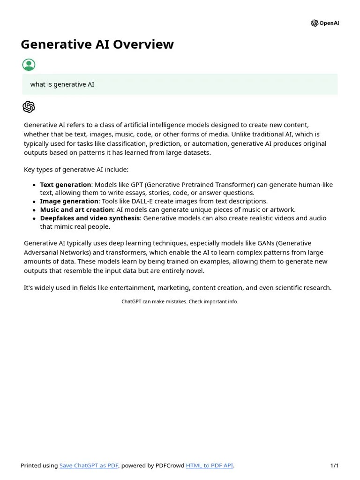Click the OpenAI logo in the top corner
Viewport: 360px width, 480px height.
click(x=324, y=23)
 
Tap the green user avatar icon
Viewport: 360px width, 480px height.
click(x=29, y=65)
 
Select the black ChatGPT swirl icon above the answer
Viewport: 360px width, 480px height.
click(x=29, y=107)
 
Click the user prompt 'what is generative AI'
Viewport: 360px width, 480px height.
click(x=62, y=84)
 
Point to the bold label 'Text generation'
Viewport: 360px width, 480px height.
click(x=66, y=185)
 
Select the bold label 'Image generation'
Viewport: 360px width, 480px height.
click(x=69, y=201)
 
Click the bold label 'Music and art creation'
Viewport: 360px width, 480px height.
click(x=76, y=210)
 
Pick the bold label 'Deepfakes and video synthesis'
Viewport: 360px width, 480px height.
click(x=90, y=218)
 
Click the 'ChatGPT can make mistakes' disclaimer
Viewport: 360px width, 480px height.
click(x=180, y=302)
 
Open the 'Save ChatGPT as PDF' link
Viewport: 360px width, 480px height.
click(x=89, y=465)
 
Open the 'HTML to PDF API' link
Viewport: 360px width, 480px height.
click(x=209, y=465)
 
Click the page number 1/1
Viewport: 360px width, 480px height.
click(x=334, y=465)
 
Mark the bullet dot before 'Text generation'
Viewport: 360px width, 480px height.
click(x=34, y=185)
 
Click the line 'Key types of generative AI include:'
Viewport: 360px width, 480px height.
click(x=76, y=170)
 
